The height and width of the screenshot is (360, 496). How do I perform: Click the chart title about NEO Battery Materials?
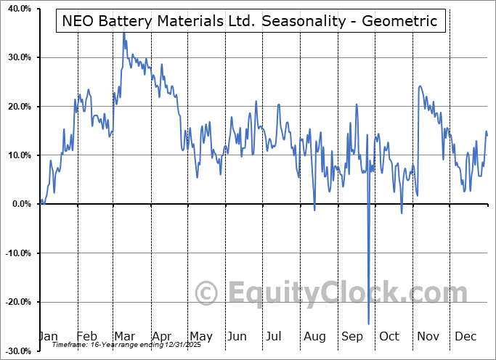[251, 21]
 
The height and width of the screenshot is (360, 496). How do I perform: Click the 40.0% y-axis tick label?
[16, 9]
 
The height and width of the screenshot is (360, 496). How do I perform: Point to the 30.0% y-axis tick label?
[16, 57]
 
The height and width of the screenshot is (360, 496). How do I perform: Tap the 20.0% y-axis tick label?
[16, 107]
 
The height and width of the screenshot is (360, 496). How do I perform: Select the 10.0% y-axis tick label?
[16, 155]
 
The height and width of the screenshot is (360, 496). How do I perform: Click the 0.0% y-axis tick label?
[18, 205]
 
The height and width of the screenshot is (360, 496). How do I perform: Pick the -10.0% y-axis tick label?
[15, 253]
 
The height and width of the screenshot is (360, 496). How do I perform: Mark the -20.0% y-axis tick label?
[15, 302]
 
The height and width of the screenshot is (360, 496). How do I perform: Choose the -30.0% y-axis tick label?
[15, 351]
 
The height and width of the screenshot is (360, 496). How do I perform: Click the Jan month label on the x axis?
[48, 336]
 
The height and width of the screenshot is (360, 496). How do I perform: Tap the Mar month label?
[124, 336]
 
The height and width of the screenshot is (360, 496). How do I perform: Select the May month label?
[200, 336]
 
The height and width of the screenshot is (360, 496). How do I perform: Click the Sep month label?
[352, 336]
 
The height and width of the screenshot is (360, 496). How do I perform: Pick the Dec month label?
[465, 336]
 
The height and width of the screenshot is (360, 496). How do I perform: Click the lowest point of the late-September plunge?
[369, 324]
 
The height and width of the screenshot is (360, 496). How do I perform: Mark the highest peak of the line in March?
[123, 33]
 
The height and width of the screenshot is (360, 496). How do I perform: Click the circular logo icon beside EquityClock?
[208, 293]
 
